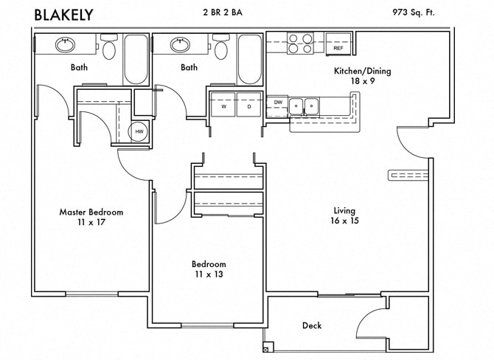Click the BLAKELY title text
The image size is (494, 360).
[63, 13]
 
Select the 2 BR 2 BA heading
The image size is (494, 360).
[226, 12]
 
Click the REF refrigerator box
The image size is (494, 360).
[338, 44]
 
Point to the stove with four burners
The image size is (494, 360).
[299, 44]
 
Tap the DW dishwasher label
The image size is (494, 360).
[278, 103]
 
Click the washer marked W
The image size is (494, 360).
[223, 106]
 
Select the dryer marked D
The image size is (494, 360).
[248, 106]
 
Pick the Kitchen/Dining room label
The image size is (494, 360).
[363, 72]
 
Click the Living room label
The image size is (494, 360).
[344, 211]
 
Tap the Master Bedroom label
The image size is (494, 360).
[91, 212]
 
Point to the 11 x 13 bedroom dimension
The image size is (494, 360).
[209, 274]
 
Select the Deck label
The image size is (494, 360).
[311, 325]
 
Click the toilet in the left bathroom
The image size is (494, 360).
[109, 49]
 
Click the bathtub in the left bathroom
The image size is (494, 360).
[136, 58]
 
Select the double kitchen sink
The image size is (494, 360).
[303, 106]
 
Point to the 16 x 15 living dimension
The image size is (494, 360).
[344, 221]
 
